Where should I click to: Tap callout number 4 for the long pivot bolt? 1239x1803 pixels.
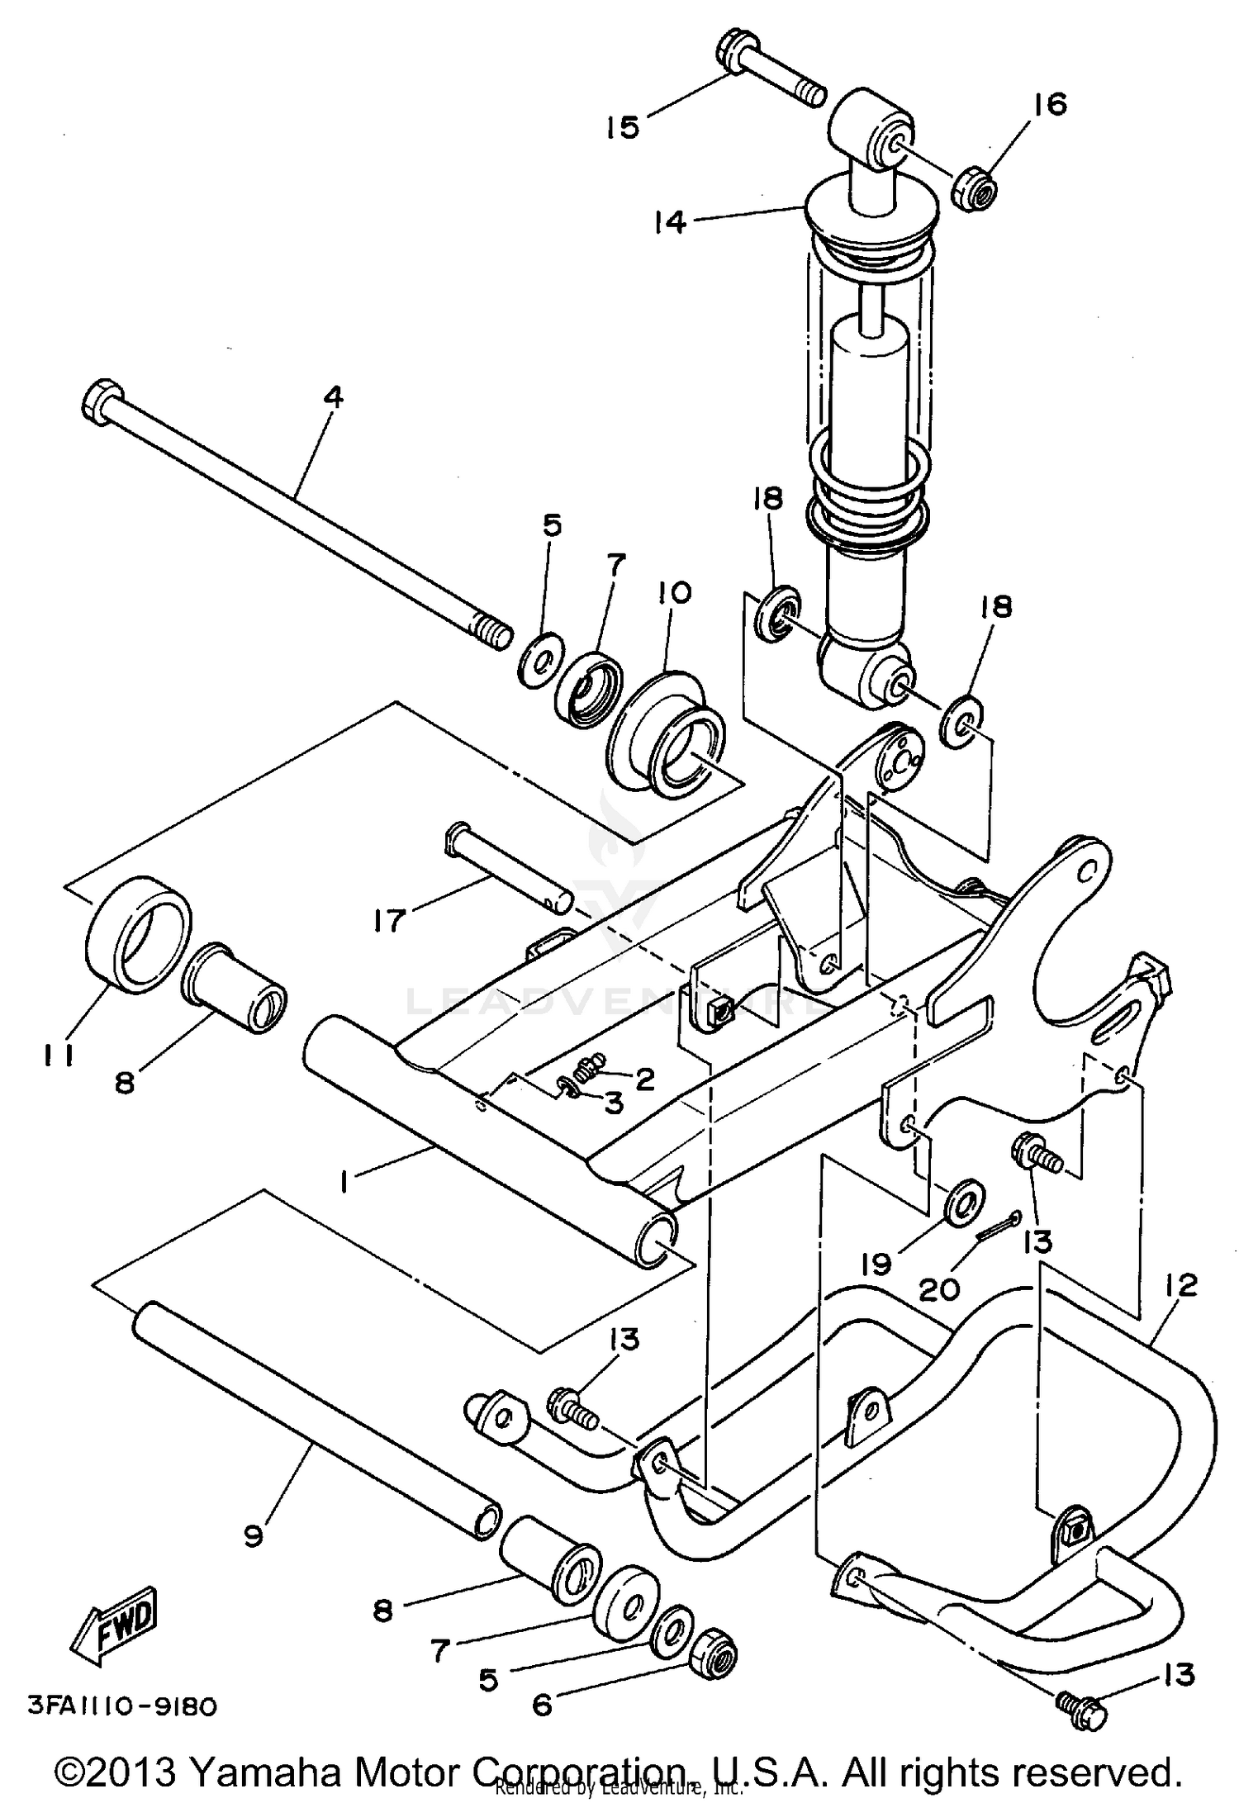pyautogui.click(x=332, y=398)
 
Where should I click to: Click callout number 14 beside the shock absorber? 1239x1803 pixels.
pyautogui.click(x=671, y=221)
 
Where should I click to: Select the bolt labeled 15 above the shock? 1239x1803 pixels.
pyautogui.click(x=768, y=83)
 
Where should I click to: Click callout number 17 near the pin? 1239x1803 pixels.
pyautogui.click(x=388, y=919)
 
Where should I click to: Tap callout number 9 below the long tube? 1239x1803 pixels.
pyautogui.click(x=254, y=1535)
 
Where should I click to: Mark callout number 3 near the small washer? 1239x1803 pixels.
pyautogui.click(x=613, y=1103)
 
